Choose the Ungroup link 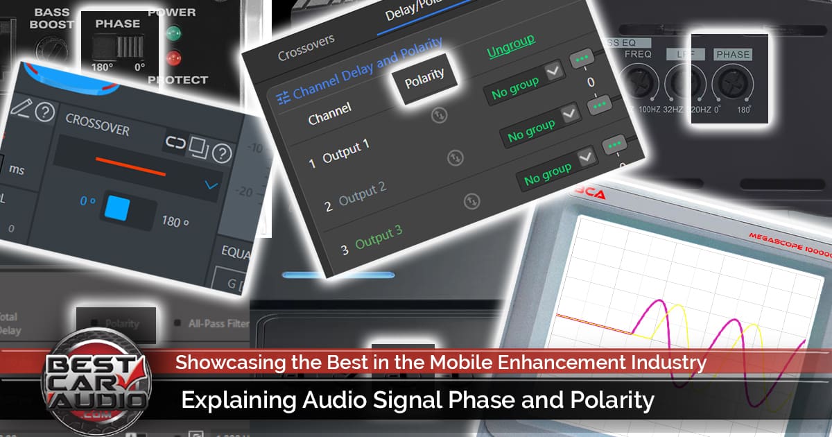click(510, 46)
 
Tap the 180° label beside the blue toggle click(175, 221)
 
